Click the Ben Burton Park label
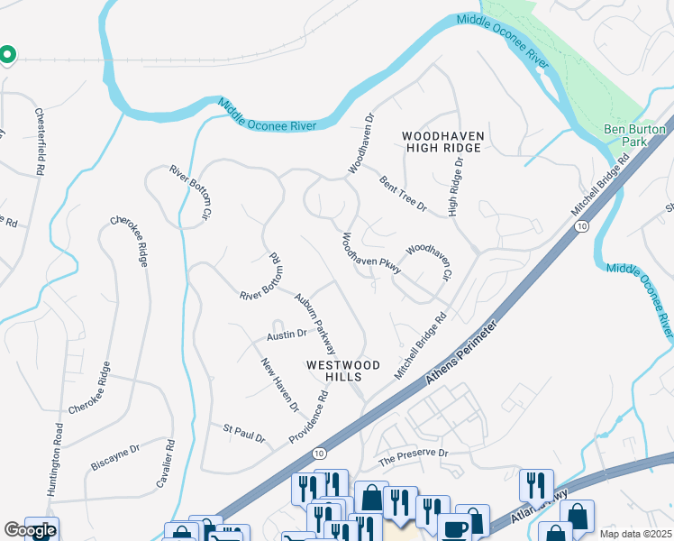tap(635, 136)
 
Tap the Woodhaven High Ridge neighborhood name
tap(443, 142)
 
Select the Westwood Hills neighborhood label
tap(343, 371)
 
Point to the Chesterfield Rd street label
tap(39, 142)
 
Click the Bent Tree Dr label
tap(402, 194)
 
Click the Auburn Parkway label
tap(315, 322)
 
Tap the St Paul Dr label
tap(245, 433)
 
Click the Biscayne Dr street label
tap(115, 457)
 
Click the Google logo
tap(30, 530)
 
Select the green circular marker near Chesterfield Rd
tap(6, 56)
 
